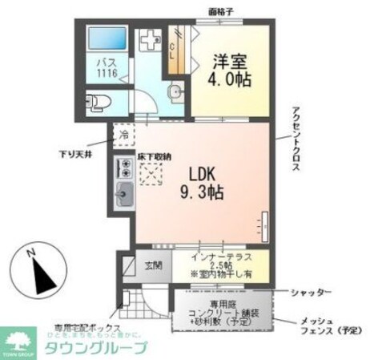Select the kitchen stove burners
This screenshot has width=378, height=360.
click(125, 168)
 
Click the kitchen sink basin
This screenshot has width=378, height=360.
click(125, 192)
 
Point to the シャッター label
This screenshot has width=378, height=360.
click(309, 292)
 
